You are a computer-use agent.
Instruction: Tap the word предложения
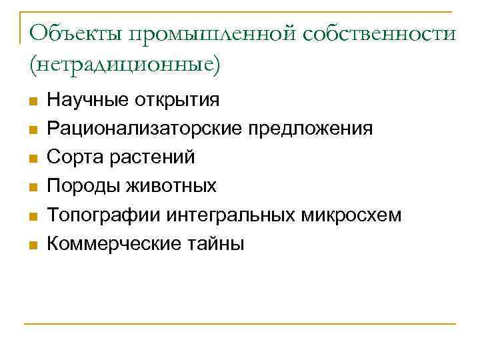pyautogui.click(x=311, y=129)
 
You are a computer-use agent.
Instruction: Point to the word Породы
pyautogui.click(x=79, y=187)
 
